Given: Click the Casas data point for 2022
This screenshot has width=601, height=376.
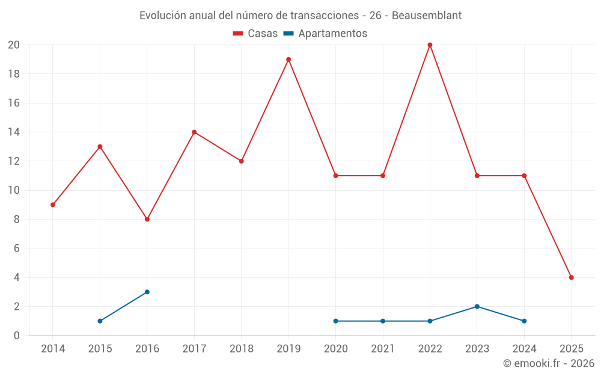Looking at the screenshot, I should (x=430, y=45).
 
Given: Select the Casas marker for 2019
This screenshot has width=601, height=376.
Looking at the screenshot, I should (x=288, y=60).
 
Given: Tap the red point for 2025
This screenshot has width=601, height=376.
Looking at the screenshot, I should (x=571, y=277).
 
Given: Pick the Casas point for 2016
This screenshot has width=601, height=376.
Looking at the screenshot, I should (x=147, y=219).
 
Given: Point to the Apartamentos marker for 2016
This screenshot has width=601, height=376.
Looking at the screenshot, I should (x=147, y=292).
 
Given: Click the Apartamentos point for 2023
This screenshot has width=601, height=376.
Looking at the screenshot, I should (x=477, y=306).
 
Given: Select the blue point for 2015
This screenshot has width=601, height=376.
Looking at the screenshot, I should (x=100, y=321).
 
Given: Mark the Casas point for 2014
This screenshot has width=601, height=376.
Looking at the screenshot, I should (x=53, y=205).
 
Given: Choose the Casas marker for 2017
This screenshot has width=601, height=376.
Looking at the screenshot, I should (x=194, y=132).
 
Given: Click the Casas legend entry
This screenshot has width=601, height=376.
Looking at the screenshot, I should (x=255, y=34).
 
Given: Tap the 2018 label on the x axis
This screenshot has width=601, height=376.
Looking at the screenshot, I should (x=241, y=349).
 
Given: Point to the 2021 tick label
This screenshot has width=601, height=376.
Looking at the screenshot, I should (x=383, y=349).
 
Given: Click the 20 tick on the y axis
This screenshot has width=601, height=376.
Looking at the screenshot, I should (x=14, y=45).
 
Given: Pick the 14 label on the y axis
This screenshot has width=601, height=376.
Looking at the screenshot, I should (x=14, y=132).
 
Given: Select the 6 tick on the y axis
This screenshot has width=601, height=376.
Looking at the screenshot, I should (x=17, y=248).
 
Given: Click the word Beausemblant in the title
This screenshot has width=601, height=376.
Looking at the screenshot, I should (x=427, y=16).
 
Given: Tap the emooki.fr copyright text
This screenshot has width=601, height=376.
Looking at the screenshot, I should (x=549, y=363).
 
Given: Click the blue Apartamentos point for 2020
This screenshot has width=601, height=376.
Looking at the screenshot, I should (x=335, y=321).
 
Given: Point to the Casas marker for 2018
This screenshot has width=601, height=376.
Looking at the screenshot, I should (x=241, y=161).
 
